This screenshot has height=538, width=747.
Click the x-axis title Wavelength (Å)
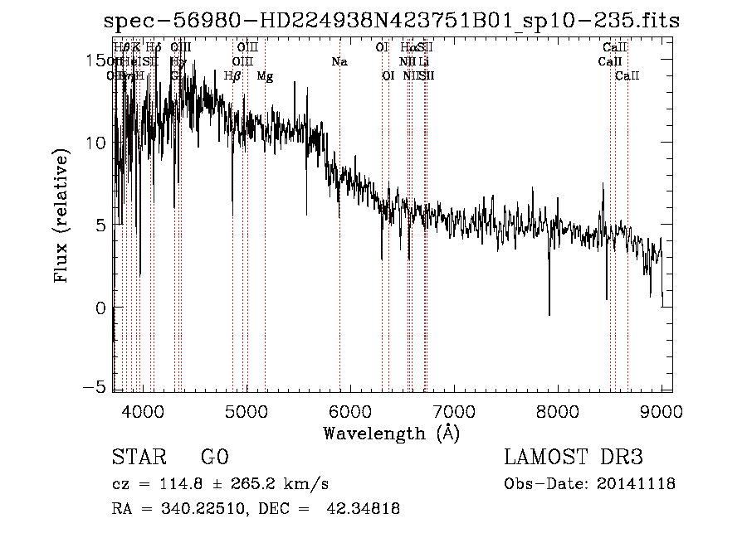[391, 433]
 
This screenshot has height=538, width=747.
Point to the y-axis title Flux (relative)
[61, 216]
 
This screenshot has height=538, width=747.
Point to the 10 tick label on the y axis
[96, 143]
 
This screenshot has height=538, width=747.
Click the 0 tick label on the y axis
[101, 308]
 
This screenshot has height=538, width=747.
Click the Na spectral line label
[339, 61]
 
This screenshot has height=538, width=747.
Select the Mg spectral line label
[265, 76]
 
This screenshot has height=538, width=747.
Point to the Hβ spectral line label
[232, 76]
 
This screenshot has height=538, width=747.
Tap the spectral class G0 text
[214, 458]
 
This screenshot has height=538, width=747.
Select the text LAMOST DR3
[574, 458]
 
